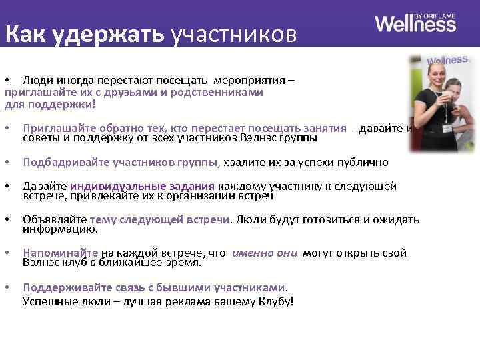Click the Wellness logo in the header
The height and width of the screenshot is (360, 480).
415,24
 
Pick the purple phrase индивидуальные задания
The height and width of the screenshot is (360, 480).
142,186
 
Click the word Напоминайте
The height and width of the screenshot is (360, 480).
60,253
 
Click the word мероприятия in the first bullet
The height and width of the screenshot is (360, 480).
254,81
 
